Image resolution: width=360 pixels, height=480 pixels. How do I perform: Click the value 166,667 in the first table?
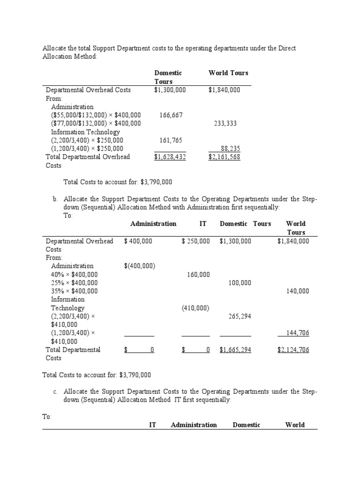171,115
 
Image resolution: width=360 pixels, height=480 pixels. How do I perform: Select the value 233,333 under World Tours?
225,124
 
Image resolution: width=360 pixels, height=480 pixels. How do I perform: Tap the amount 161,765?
171,141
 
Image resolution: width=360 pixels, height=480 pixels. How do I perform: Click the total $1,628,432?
170,157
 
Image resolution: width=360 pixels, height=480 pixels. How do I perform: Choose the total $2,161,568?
224,157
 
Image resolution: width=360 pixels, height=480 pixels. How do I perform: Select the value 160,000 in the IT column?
198,275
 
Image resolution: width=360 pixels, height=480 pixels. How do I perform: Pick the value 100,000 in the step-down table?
240,283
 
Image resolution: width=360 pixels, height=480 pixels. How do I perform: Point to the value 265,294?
240,316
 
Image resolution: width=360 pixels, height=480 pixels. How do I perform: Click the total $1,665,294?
235,350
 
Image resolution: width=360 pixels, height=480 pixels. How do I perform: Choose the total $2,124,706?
293,350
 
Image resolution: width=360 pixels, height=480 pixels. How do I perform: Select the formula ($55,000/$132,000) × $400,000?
96,115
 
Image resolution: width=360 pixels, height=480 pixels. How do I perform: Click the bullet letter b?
55,199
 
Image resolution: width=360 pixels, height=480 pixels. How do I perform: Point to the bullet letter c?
55,391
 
